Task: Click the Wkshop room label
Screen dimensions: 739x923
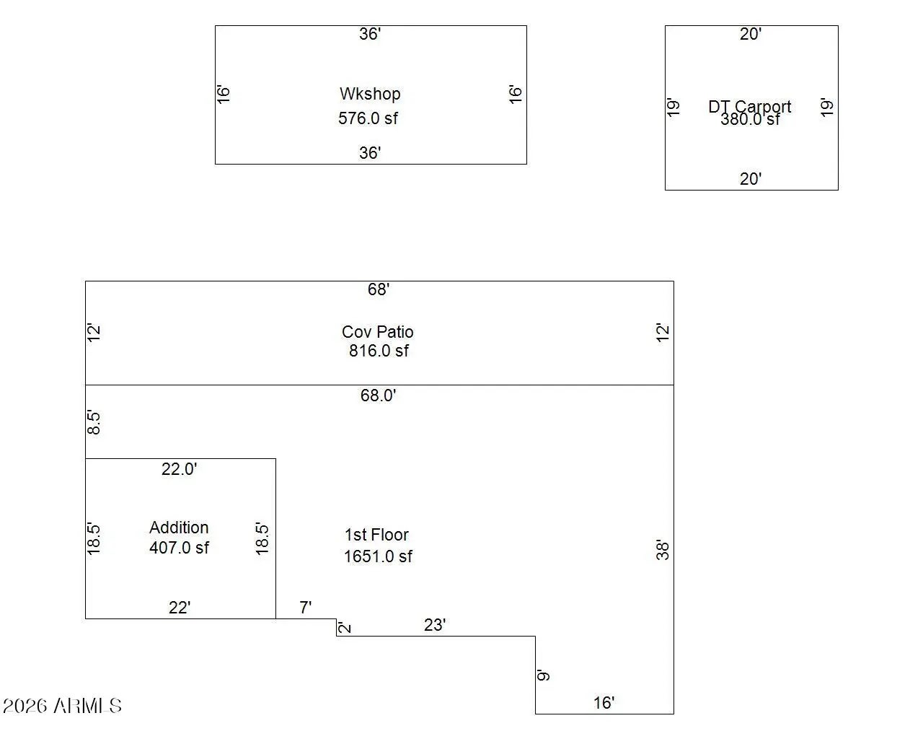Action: pos(370,94)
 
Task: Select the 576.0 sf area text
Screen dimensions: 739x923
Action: pos(368,118)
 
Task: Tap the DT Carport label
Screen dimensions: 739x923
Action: pos(749,106)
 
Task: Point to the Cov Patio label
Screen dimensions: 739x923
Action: pos(378,332)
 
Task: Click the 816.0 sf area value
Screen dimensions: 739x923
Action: pos(379,351)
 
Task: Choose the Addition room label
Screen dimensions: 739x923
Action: pos(179,528)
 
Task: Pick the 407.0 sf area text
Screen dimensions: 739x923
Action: pos(179,548)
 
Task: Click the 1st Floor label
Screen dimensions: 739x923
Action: pos(376,535)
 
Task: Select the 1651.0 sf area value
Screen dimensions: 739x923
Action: pos(378,556)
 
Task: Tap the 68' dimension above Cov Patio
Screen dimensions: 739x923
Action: pos(379,289)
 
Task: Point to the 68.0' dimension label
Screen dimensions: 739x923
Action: pos(379,395)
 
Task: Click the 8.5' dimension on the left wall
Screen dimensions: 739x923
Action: pos(94,422)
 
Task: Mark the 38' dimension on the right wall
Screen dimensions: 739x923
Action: pos(663,550)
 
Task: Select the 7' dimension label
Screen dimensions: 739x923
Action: pos(306,608)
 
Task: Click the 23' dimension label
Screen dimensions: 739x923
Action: pos(435,625)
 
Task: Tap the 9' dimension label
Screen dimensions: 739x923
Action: pos(544,675)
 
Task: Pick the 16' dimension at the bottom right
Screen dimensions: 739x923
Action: pos(604,703)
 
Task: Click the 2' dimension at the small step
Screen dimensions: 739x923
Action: pos(345,627)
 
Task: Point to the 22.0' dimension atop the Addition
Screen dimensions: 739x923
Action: pos(179,469)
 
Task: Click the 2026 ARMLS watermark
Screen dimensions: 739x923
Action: pos(63,706)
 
